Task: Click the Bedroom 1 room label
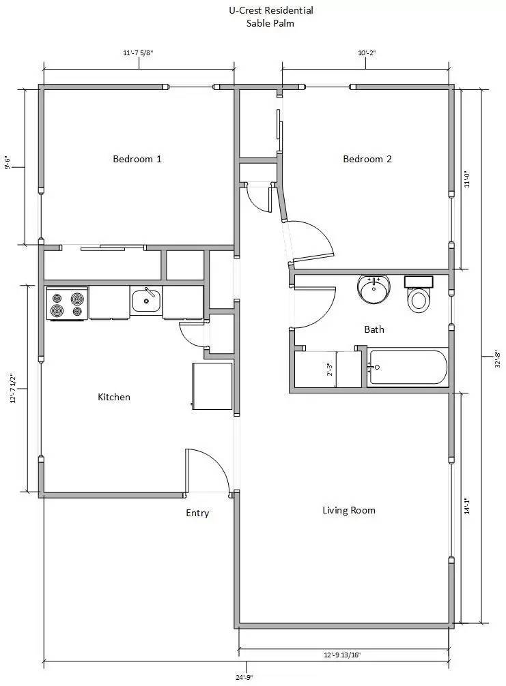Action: (137, 159)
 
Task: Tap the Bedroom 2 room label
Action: (367, 159)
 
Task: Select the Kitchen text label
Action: (114, 397)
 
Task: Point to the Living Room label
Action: (349, 510)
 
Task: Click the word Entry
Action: (197, 513)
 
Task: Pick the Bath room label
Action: (374, 329)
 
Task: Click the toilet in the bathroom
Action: (419, 295)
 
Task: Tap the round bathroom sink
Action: (374, 289)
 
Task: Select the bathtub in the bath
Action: (408, 368)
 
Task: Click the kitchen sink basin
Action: (146, 301)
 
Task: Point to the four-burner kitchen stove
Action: (67, 303)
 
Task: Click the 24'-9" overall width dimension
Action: (244, 677)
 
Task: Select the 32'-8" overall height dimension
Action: (498, 359)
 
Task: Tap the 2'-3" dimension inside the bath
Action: (330, 368)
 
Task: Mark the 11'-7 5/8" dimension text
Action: (138, 53)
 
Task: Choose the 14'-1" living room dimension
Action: (467, 506)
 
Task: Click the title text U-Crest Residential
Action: (270, 10)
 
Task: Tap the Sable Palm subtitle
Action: (270, 23)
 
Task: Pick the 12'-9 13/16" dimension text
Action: (342, 655)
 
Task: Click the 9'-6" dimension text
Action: (8, 162)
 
